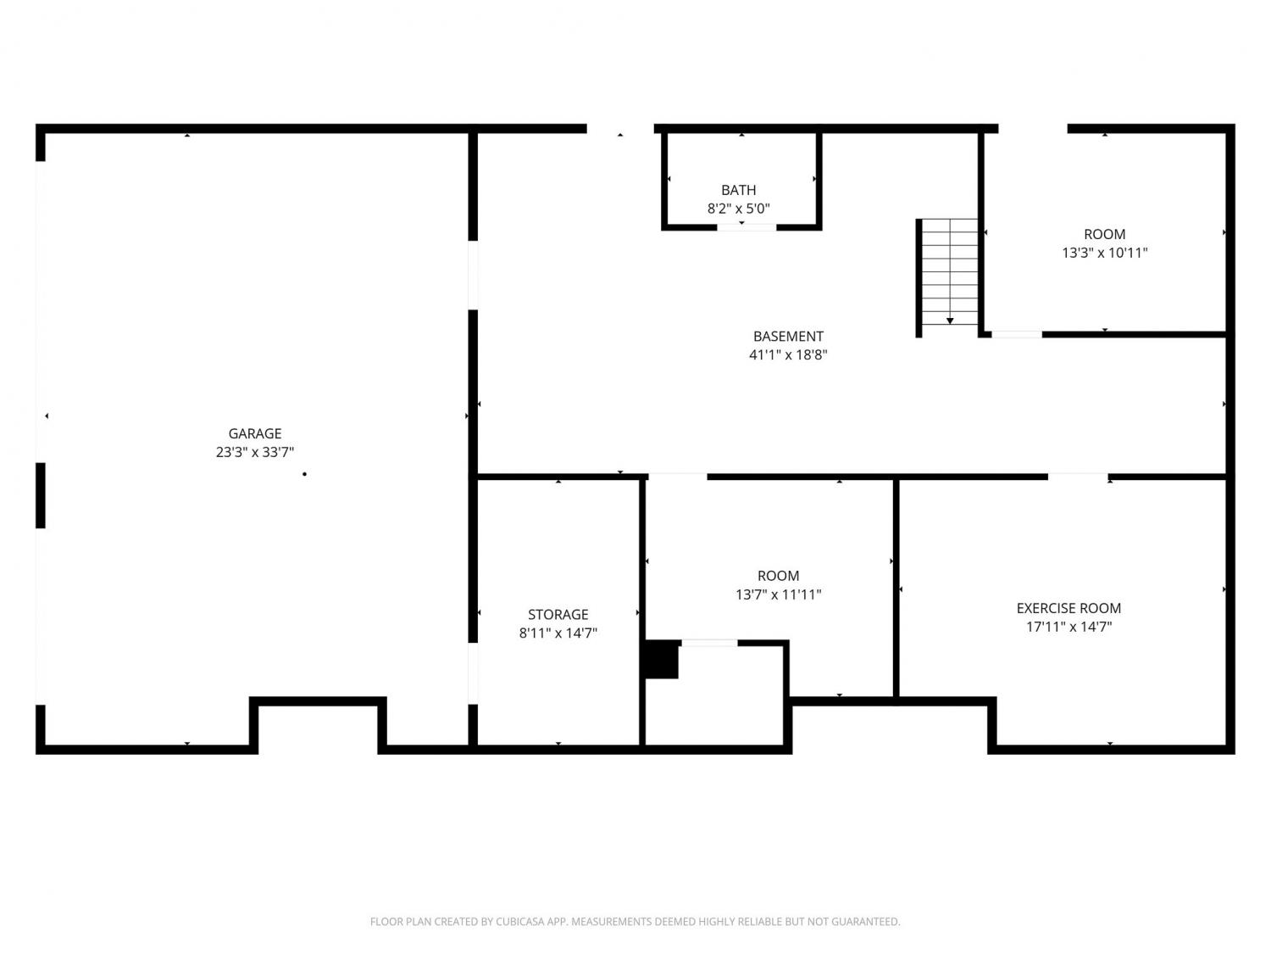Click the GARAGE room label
[255, 433]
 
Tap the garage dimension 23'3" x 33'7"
[255, 452]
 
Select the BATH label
[738, 190]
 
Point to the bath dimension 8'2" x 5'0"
[738, 209]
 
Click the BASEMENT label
[788, 336]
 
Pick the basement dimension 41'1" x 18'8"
[788, 354]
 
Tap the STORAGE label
[558, 614]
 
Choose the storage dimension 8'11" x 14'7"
[558, 633]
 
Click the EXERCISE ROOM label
[1068, 608]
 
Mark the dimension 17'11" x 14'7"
[1068, 626]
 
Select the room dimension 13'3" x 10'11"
[1104, 253]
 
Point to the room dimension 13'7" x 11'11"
[778, 594]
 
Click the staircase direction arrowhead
[950, 321]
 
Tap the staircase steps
[950, 271]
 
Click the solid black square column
[661, 659]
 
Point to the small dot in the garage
[304, 474]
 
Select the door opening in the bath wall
[747, 227]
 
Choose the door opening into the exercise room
[1078, 477]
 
